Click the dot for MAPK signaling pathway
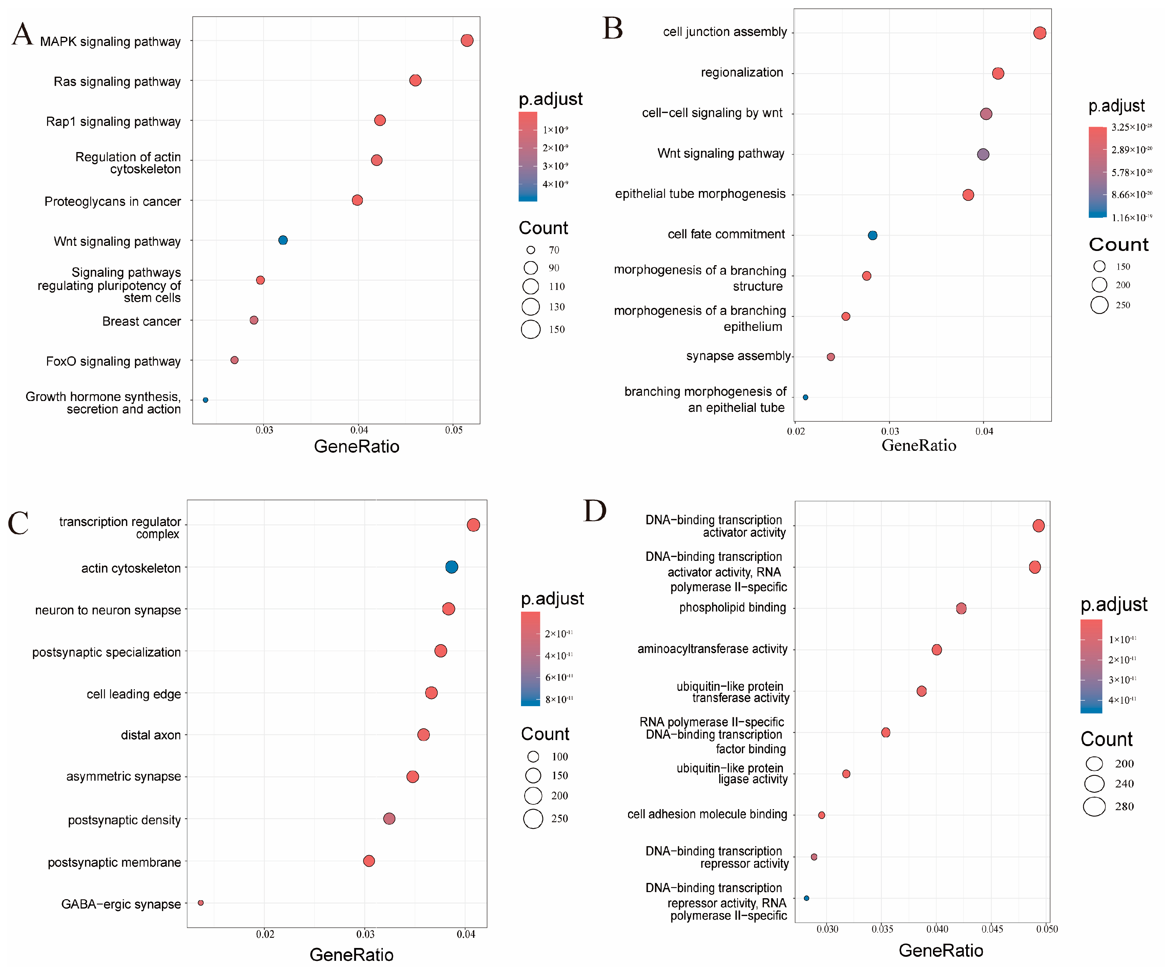pos(467,41)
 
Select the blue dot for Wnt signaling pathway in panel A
pos(283,240)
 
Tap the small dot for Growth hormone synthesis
pos(205,400)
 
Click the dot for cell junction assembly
pos(1040,33)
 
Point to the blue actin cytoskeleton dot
pos(452,567)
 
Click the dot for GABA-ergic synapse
pos(201,903)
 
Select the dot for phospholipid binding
pos(961,608)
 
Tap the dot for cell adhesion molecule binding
pos(821,815)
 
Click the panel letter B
pos(612,28)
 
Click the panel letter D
pos(595,511)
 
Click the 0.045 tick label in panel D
pos(992,929)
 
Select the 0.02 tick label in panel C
pos(265,934)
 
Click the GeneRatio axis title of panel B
pos(919,445)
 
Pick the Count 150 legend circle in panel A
pos(531,330)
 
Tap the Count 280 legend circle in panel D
pos(1095,806)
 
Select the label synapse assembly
pos(738,356)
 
